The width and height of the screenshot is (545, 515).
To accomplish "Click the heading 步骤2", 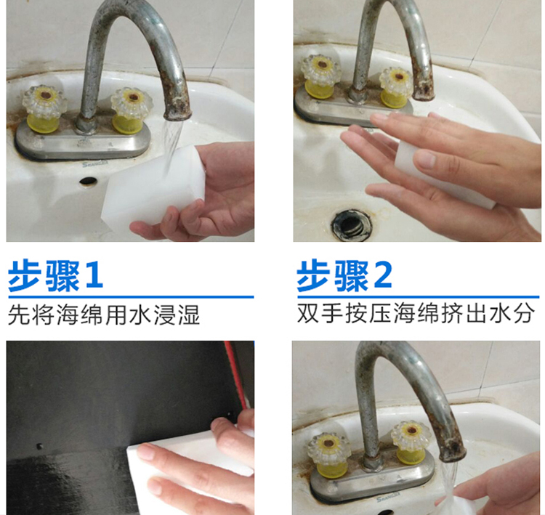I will point(344,276).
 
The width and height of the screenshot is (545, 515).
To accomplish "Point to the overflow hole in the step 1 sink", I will point(88,180).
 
